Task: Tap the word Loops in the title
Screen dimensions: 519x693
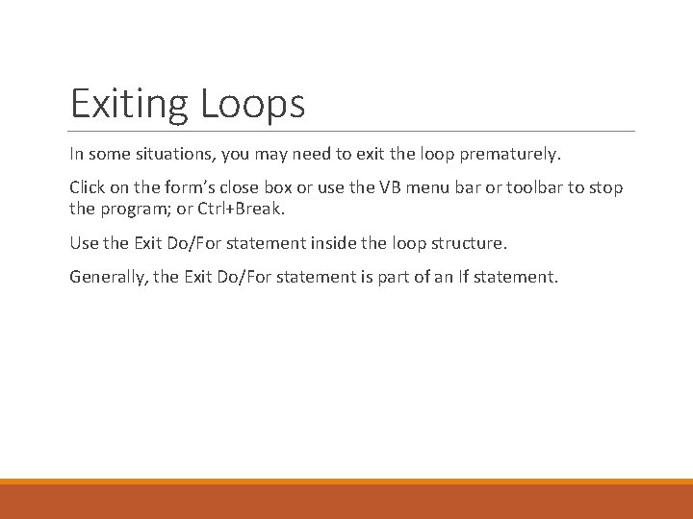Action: pos(253,104)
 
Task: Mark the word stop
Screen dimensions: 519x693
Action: pos(605,187)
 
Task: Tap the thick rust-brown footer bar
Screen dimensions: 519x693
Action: pos(346,502)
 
